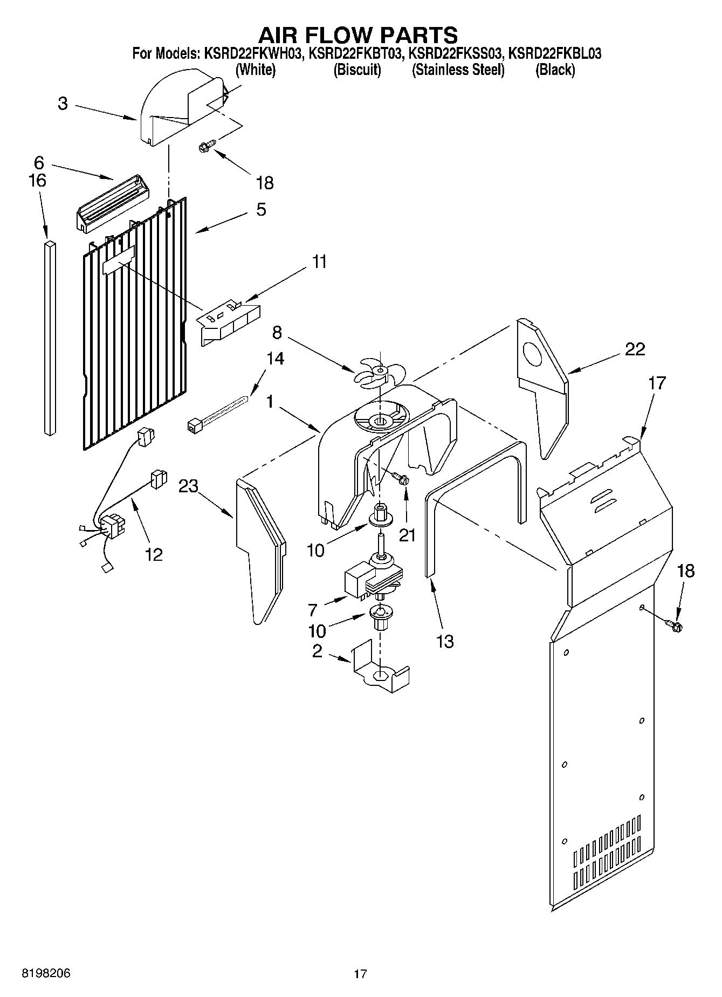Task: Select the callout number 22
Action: [x=635, y=349]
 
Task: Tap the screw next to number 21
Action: [x=401, y=477]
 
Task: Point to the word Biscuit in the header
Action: [x=357, y=70]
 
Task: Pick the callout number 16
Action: [x=38, y=180]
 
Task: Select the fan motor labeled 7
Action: [x=372, y=580]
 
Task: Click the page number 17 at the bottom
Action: [x=360, y=974]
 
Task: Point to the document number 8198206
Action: [x=46, y=974]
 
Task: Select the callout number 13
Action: [x=445, y=641]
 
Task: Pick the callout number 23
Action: [x=189, y=486]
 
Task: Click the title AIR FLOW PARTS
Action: [x=358, y=35]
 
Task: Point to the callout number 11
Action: [x=319, y=262]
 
